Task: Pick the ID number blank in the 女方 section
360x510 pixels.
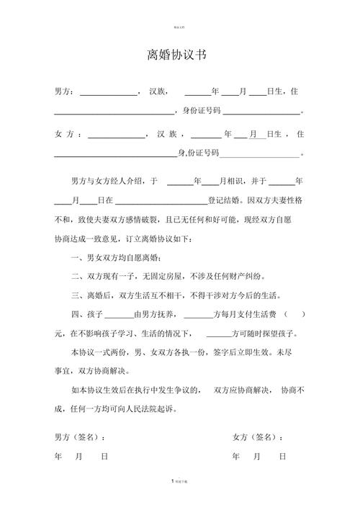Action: (259, 153)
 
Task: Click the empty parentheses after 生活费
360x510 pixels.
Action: (294, 315)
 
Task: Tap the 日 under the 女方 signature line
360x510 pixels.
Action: (283, 457)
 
